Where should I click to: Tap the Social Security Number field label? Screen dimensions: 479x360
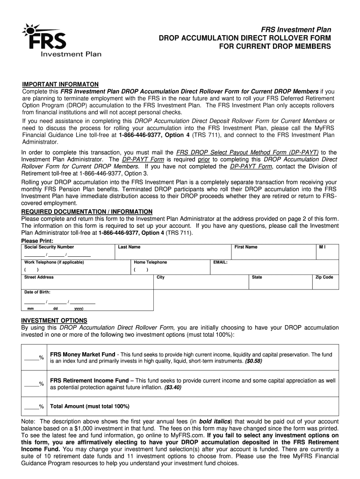[49, 247]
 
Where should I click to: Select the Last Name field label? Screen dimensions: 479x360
[129, 247]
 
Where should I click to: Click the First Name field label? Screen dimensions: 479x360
[246, 247]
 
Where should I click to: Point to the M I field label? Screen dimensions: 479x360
[322, 247]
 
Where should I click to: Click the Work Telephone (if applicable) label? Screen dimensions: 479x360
[54, 262]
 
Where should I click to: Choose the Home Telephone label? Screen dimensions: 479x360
[150, 262]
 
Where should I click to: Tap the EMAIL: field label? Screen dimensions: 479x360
[220, 262]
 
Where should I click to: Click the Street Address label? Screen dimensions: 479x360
[39, 277]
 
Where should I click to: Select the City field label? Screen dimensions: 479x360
[160, 277]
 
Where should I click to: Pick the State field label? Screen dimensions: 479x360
[257, 277]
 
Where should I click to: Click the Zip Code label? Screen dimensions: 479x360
[324, 277]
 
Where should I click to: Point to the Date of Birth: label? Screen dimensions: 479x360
[37, 292]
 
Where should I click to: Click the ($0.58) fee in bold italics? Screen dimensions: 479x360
[253, 362]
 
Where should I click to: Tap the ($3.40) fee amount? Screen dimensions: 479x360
[173, 388]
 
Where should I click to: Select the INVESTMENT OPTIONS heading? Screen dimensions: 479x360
[54, 320]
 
